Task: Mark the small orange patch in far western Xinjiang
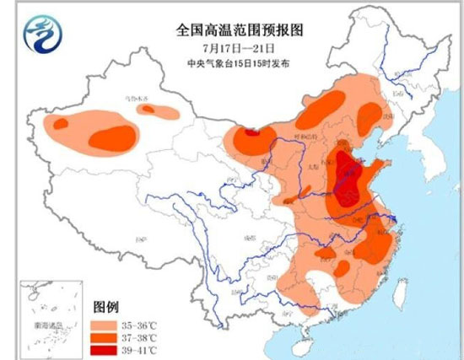tap(60, 124)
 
